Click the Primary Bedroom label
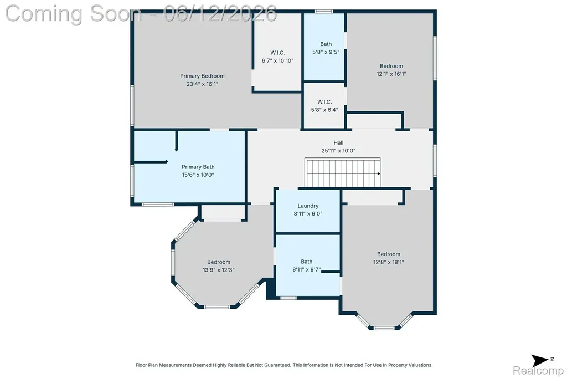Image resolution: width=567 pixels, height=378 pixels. (x=202, y=76)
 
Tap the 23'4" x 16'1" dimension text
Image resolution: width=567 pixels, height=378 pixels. (x=202, y=84)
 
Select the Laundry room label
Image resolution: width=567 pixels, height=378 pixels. (x=308, y=206)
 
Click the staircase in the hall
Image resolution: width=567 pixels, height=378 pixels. (x=342, y=172)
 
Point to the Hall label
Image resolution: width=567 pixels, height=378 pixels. (x=338, y=142)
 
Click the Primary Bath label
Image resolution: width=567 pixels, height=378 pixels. (x=198, y=167)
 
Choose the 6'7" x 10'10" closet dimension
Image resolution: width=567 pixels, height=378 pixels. (x=278, y=61)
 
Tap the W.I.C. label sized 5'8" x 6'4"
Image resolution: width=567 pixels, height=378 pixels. (x=324, y=102)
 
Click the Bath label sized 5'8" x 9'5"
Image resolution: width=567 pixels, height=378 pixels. (x=326, y=44)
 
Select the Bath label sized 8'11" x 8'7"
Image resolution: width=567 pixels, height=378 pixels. (x=307, y=262)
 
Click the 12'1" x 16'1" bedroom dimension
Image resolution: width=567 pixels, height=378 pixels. (x=391, y=74)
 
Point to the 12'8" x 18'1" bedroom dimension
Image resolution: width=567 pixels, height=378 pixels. (x=389, y=262)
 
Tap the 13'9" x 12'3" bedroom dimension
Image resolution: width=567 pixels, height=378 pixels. (x=218, y=270)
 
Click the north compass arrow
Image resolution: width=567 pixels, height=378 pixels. (x=539, y=361)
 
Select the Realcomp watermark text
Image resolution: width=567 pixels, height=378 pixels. (x=538, y=371)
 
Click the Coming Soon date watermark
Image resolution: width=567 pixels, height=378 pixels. (x=141, y=14)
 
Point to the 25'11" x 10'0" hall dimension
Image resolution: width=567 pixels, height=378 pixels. (x=338, y=151)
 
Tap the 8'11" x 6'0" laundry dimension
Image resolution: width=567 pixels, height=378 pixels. (x=308, y=214)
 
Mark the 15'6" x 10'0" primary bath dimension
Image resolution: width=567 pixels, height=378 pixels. (x=198, y=175)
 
